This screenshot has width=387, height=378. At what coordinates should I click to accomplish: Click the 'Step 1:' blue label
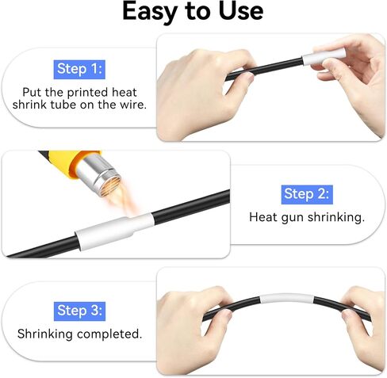click(x=79, y=70)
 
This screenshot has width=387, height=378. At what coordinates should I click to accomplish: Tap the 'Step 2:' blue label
click(x=307, y=195)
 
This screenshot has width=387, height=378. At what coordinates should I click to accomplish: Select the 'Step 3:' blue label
click(x=79, y=311)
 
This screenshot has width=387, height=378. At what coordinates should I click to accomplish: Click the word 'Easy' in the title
click(x=149, y=12)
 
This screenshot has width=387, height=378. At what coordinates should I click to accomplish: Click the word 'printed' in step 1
click(x=87, y=93)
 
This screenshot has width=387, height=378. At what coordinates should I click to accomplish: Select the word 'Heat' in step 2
click(x=263, y=217)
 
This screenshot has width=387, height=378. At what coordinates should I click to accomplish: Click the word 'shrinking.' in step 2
click(x=336, y=218)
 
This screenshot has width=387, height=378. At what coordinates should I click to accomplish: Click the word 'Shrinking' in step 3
click(x=45, y=334)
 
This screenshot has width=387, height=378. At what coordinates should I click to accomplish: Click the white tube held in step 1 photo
click(x=324, y=56)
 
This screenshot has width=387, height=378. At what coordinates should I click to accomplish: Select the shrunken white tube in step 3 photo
click(x=286, y=299)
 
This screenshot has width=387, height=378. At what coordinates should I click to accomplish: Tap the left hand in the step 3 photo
click(x=193, y=328)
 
